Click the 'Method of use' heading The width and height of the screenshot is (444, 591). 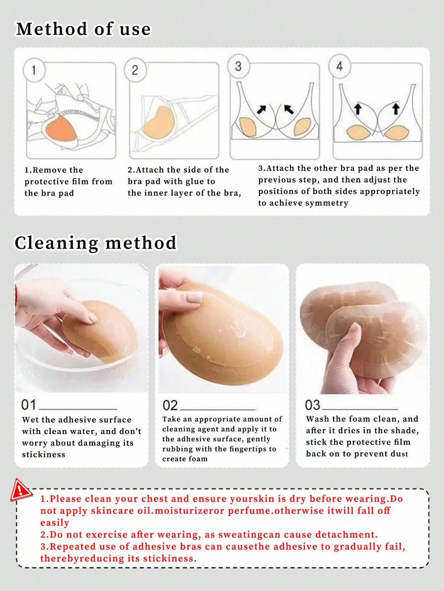[83, 29]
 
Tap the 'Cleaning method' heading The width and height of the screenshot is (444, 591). [95, 242]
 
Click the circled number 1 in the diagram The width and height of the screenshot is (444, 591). [34, 70]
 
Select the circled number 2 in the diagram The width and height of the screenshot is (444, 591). [135, 70]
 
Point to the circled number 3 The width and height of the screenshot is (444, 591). [238, 66]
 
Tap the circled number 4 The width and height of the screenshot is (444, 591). [339, 66]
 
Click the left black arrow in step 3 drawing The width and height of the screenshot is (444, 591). [261, 110]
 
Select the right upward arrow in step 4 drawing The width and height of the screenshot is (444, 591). [395, 109]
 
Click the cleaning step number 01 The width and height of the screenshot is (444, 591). [28, 405]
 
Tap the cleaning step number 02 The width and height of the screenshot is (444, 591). [170, 406]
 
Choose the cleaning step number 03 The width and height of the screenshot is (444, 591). [312, 405]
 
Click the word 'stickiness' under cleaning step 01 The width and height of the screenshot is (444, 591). [43, 454]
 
